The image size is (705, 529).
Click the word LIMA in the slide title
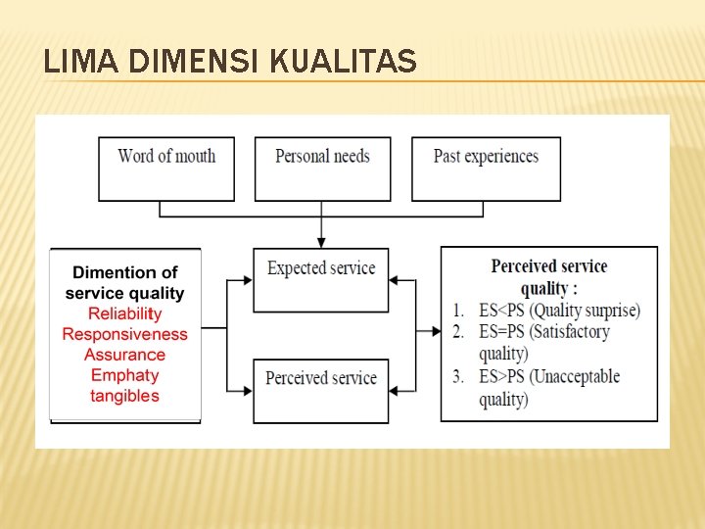click(71, 63)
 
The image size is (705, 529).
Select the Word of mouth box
click(166, 168)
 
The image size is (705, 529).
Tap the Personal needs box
click(322, 168)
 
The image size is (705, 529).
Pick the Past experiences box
click(486, 168)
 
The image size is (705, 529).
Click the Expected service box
click(321, 279)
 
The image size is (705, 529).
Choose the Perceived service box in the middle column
click(321, 390)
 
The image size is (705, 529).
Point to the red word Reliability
click(124, 313)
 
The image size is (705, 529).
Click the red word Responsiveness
click(124, 334)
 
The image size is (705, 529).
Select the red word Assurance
click(124, 355)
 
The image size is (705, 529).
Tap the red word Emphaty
click(124, 375)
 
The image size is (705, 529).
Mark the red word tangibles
click(124, 396)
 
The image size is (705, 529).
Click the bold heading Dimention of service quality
click(124, 282)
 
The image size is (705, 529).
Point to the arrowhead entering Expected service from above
click(321, 243)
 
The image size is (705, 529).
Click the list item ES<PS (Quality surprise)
click(558, 311)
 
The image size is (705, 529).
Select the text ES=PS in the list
click(504, 332)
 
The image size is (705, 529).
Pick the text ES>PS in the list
click(504, 377)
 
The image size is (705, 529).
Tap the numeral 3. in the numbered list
click(458, 377)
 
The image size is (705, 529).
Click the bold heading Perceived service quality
click(548, 276)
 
